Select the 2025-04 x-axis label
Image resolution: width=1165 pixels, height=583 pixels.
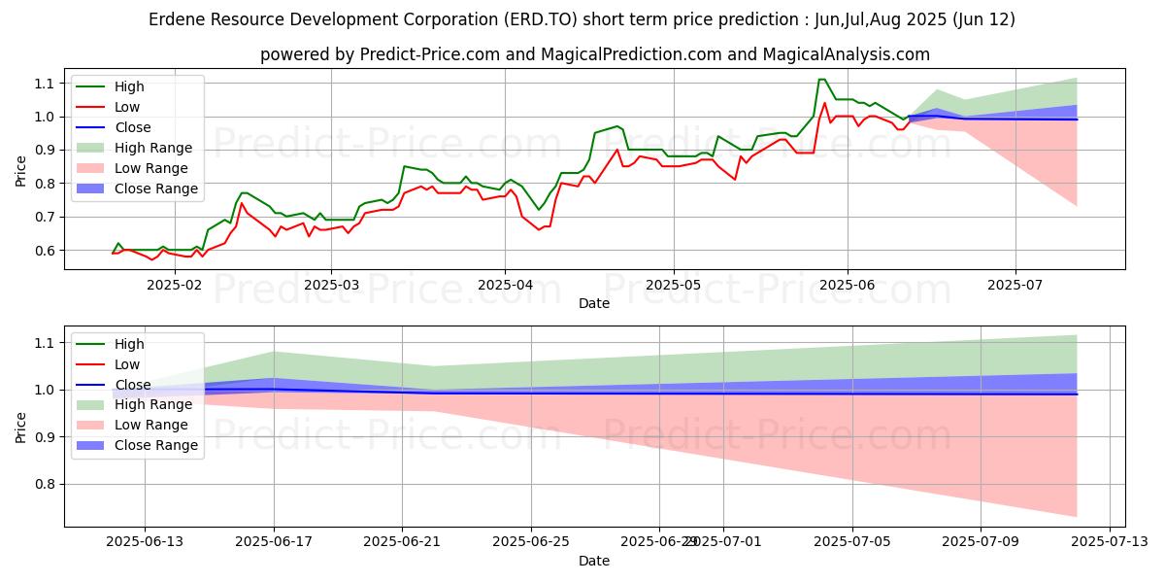(504, 285)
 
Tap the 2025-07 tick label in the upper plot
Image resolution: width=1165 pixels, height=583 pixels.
(1015, 285)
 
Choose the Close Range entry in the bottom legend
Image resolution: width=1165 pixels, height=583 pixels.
(156, 446)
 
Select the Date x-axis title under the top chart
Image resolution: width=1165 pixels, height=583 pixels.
(594, 303)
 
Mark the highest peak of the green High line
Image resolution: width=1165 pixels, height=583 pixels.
(821, 80)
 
